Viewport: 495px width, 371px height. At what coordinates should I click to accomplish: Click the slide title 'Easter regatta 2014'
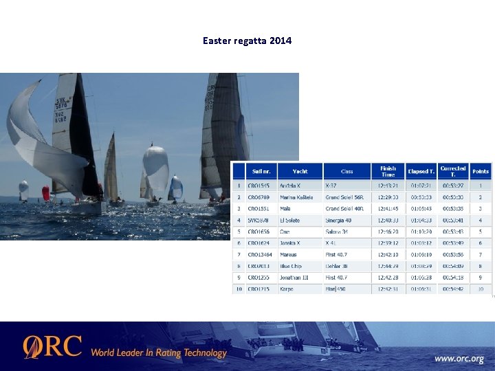247,41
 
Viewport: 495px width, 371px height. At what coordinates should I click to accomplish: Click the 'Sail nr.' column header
261,171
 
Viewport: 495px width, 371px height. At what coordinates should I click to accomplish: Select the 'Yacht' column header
300,171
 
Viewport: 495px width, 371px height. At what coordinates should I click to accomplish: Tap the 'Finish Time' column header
388,171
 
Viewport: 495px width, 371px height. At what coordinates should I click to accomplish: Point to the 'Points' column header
481,171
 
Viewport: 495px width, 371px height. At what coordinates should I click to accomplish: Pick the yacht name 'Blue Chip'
291,266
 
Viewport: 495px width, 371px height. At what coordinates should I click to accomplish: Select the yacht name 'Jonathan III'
294,278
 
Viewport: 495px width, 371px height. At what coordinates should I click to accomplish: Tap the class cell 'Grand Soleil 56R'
346,197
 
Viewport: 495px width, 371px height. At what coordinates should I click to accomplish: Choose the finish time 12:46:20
388,232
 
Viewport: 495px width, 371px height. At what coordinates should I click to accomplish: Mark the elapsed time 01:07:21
420,185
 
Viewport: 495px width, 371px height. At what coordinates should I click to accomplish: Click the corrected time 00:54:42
452,289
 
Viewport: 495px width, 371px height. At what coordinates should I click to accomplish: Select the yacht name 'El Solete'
290,220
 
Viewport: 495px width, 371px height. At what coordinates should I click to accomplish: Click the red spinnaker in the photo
45,193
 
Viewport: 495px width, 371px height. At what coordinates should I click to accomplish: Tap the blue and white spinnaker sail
176,187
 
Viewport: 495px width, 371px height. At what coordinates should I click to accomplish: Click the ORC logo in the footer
52,346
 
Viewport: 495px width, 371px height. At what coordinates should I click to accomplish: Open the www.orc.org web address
459,359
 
